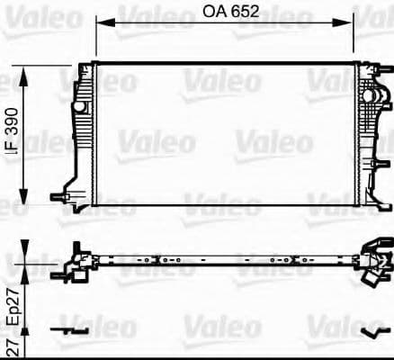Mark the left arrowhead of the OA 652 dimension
point(100,25)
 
